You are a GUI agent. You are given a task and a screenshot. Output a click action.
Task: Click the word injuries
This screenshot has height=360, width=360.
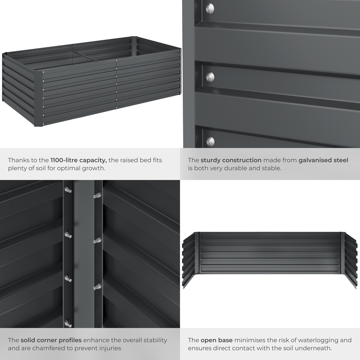click(109, 348)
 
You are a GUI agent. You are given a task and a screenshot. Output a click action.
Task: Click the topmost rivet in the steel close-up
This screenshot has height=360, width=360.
click(210, 8)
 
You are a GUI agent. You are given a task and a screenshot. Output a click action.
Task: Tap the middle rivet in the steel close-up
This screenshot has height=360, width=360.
click(210, 77)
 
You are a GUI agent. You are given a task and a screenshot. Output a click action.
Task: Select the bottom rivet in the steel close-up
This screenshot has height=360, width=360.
click(210, 141)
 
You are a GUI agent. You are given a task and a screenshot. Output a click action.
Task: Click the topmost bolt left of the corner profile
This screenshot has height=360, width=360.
click(68, 190)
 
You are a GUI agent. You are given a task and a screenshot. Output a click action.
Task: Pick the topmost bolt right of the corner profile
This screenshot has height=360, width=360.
click(97, 195)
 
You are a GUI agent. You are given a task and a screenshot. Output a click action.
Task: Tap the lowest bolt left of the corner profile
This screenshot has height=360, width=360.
click(68, 323)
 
